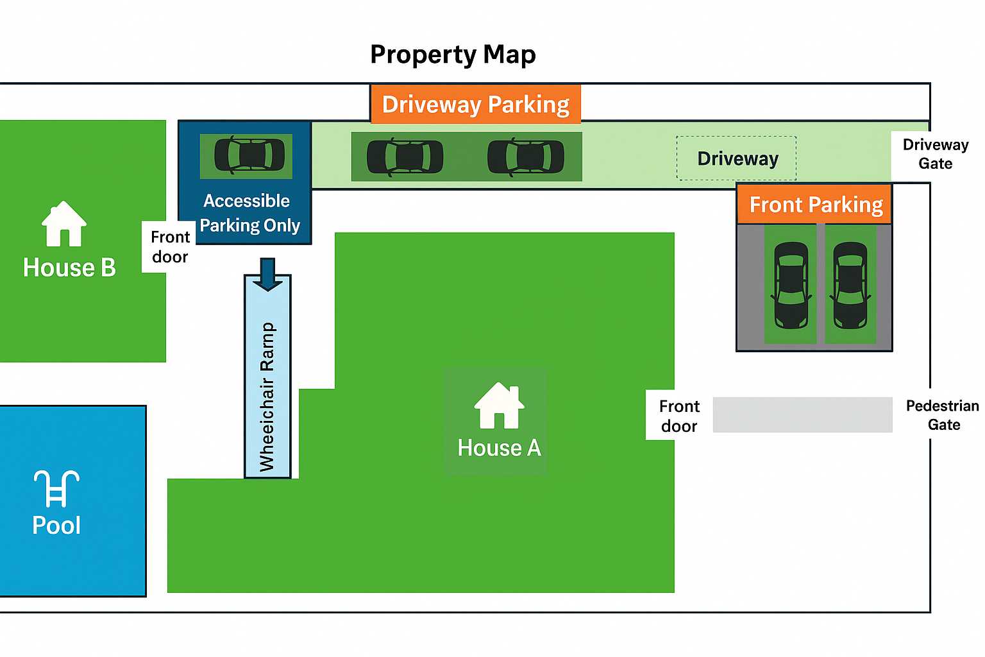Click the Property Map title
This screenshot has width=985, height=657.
pyautogui.click(x=453, y=55)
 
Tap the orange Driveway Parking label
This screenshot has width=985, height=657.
pyautogui.click(x=475, y=104)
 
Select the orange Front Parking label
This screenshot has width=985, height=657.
pyautogui.click(x=815, y=205)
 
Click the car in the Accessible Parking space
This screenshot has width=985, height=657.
pyautogui.click(x=249, y=155)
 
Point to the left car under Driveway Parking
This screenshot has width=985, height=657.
pyautogui.click(x=405, y=157)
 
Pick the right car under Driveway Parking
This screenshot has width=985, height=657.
pyautogui.click(x=526, y=157)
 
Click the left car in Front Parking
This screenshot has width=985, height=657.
pyautogui.click(x=791, y=285)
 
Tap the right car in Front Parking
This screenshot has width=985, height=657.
pyautogui.click(x=850, y=285)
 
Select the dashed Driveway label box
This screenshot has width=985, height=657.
pyautogui.click(x=737, y=158)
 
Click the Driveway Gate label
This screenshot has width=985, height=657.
pyautogui.click(x=935, y=154)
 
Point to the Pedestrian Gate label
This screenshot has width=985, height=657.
pyautogui.click(x=942, y=415)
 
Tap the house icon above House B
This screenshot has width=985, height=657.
pyautogui.click(x=64, y=224)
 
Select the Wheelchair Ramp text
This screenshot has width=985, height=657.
pyautogui.click(x=267, y=397)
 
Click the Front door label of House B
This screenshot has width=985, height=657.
pyautogui.click(x=170, y=247)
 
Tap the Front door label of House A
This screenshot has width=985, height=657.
pyautogui.click(x=679, y=416)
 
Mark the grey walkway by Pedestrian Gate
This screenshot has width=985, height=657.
pyautogui.click(x=802, y=414)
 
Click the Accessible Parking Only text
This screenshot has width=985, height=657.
pyautogui.click(x=248, y=213)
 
